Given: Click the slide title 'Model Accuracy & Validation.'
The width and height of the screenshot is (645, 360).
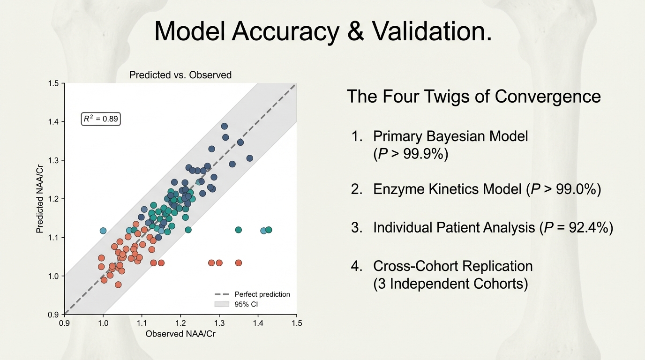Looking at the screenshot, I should click(323, 32).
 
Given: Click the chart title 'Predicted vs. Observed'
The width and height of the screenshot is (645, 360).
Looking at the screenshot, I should click(180, 75).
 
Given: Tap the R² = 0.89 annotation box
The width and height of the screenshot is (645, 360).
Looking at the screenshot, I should click(101, 120).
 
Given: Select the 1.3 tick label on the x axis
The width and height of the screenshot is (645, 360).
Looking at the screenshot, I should click(219, 323).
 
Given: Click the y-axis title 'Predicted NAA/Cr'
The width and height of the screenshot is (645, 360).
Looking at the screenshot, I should click(40, 199).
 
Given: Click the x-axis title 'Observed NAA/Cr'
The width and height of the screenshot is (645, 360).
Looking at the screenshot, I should click(180, 334).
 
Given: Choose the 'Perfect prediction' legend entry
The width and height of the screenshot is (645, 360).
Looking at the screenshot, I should click(252, 294).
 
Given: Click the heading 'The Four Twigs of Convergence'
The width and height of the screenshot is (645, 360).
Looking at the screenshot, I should click(473, 97).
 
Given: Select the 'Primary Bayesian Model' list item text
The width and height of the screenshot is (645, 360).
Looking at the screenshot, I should click(450, 136).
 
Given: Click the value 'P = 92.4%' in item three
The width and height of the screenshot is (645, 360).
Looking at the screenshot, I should click(576, 228).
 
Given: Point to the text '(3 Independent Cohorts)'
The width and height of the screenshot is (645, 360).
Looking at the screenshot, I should click(450, 284).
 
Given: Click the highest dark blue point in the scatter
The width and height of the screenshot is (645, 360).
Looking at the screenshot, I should click(225, 127).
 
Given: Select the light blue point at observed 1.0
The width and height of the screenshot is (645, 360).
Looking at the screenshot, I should click(103, 231).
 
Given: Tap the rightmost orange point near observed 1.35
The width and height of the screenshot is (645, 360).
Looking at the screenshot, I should click(238, 263).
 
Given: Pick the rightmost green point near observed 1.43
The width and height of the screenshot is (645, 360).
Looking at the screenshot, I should click(269, 230).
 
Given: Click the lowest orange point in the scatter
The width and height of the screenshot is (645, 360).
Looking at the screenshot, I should click(118, 285).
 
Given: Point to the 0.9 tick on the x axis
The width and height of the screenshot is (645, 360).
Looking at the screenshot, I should click(65, 323).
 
